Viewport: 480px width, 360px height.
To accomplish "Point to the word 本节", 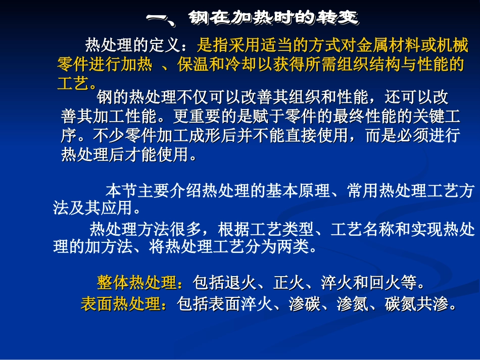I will point(121,191).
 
